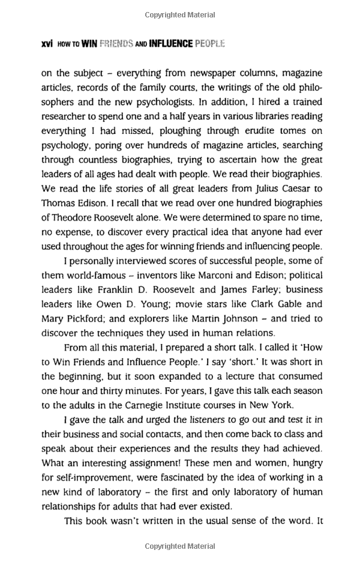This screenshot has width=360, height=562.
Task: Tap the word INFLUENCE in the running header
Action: coord(170,44)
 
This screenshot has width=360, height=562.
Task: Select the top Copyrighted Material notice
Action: coord(179,13)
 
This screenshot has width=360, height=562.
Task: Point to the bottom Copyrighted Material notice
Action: coord(179,546)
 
